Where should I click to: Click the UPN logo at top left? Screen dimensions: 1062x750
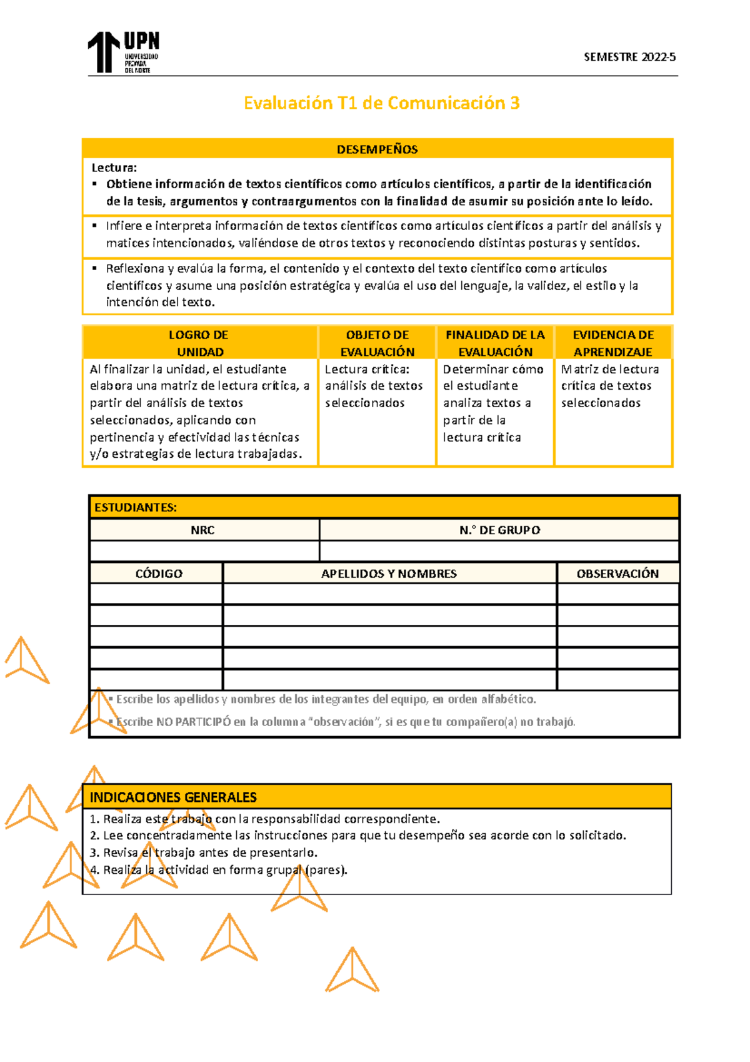pyautogui.click(x=123, y=52)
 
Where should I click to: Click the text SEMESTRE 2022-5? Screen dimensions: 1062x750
pyautogui.click(x=629, y=57)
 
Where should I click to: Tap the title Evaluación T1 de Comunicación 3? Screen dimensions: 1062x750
pyautogui.click(x=381, y=103)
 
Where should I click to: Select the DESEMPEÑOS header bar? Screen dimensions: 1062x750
pyautogui.click(x=377, y=149)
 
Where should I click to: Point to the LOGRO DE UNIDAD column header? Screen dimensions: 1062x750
pyautogui.click(x=199, y=343)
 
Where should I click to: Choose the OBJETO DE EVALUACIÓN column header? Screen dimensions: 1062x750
pyautogui.click(x=377, y=343)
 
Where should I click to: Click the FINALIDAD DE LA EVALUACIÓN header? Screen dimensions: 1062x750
pyautogui.click(x=495, y=343)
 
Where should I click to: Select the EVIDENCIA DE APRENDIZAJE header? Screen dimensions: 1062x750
pyautogui.click(x=612, y=343)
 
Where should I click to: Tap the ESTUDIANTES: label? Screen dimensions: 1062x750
pyautogui.click(x=136, y=507)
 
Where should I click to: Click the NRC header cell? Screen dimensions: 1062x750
pyautogui.click(x=202, y=530)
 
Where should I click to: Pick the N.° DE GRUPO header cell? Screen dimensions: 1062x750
pyautogui.click(x=499, y=530)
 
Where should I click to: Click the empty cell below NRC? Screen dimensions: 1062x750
pyautogui.click(x=204, y=551)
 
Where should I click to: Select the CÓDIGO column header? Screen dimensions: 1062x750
pyautogui.click(x=159, y=574)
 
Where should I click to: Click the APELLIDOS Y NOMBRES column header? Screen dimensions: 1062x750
pyautogui.click(x=389, y=574)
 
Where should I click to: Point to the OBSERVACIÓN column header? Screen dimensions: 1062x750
pyautogui.click(x=617, y=574)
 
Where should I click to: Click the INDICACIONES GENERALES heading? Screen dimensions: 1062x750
pyautogui.click(x=174, y=797)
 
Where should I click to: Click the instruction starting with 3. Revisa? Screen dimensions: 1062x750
pyautogui.click(x=203, y=852)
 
